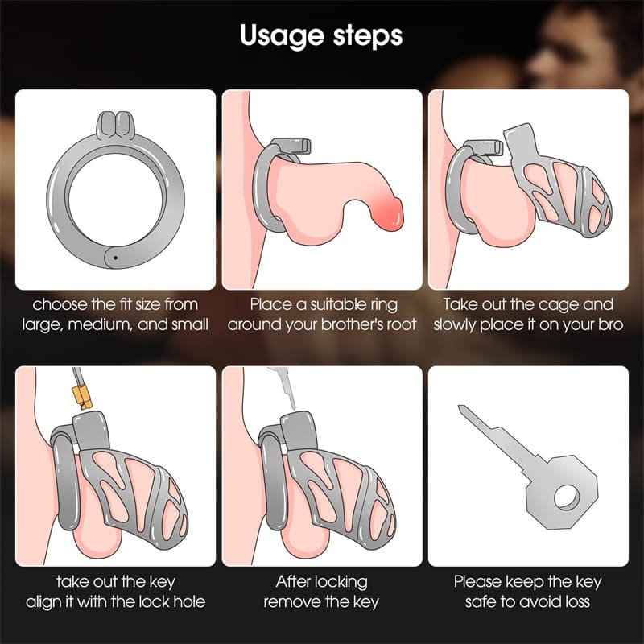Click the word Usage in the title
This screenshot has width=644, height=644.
pyautogui.click(x=283, y=36)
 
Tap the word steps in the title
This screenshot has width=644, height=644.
pyautogui.click(x=368, y=36)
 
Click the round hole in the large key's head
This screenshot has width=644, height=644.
pyautogui.click(x=567, y=497)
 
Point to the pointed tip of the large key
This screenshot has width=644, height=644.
pyautogui.click(x=460, y=407)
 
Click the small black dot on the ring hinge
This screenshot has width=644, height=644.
pyautogui.click(x=115, y=258)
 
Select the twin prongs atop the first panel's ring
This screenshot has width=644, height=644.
pyautogui.click(x=116, y=124)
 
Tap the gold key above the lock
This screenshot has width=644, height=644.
pyautogui.click(x=81, y=390)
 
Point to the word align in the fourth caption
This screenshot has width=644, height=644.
pyautogui.click(x=43, y=602)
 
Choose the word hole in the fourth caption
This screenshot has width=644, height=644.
pyautogui.click(x=189, y=602)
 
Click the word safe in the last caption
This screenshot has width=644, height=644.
pyautogui.click(x=481, y=602)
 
